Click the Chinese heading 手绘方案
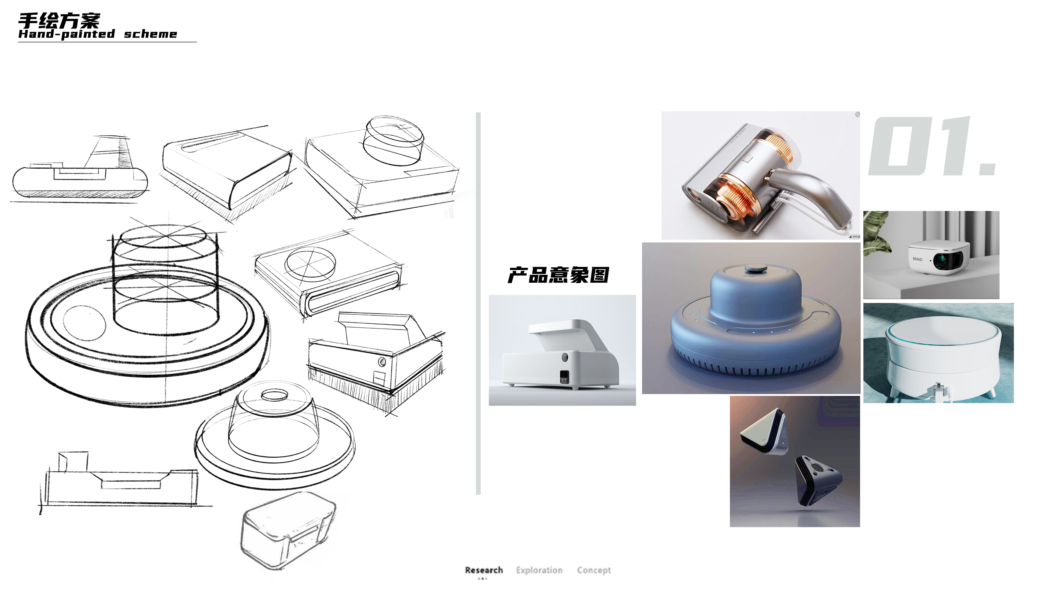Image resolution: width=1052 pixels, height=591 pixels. click(x=59, y=20)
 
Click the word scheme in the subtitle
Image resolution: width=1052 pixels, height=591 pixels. click(x=150, y=34)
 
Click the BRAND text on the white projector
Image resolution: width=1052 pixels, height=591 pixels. click(x=917, y=259)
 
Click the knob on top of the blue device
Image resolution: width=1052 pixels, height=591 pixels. click(x=755, y=269)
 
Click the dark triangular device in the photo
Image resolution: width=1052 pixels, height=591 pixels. click(x=817, y=482)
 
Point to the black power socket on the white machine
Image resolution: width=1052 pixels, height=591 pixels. click(x=564, y=377)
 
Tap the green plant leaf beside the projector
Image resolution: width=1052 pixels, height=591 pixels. click(x=876, y=233)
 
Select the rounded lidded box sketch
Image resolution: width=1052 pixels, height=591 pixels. click(x=288, y=530)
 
